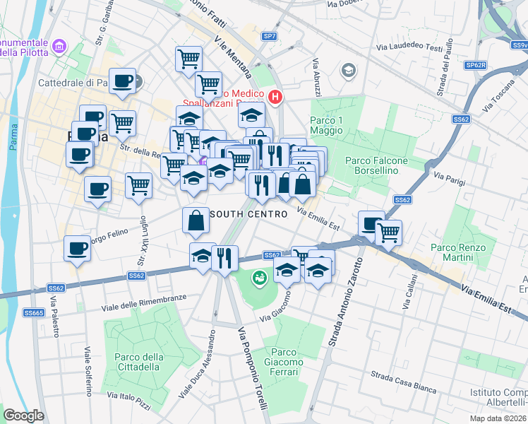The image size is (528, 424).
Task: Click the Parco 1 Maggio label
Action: pyautogui.click(x=326, y=126)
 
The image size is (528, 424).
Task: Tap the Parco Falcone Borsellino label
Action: pyautogui.click(x=376, y=165)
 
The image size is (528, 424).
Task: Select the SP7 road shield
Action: pyautogui.click(x=269, y=35)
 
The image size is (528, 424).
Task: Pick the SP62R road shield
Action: pyautogui.click(x=476, y=65)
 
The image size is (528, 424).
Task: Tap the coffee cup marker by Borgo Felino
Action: pyautogui.click(x=78, y=249)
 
